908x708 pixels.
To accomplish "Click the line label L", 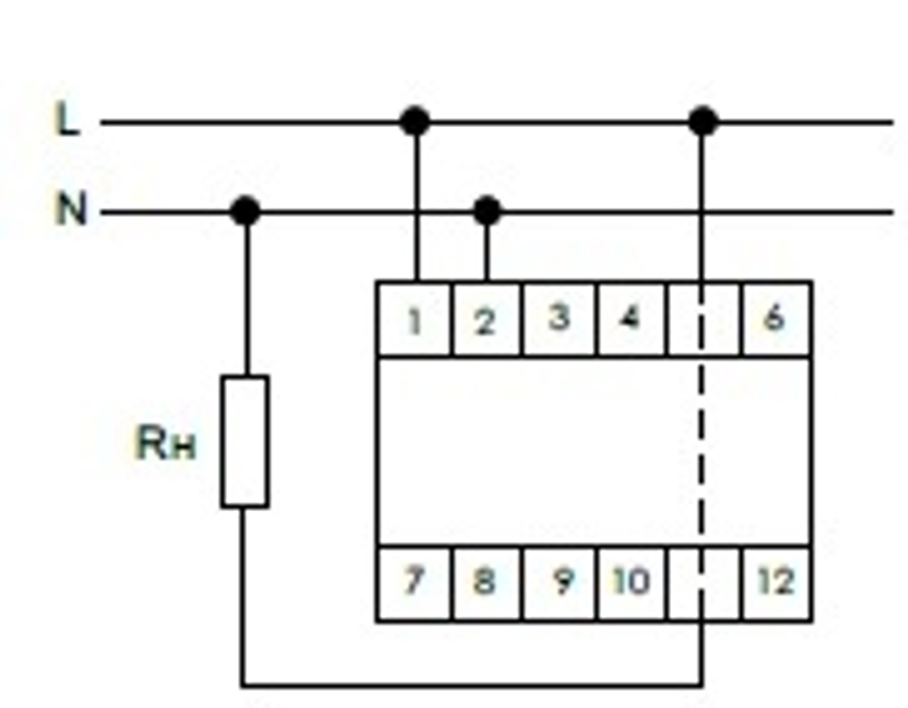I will [69, 120].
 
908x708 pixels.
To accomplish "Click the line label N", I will [71, 211].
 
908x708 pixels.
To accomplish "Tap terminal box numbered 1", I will [415, 320].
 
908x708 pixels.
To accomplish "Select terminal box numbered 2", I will [486, 320].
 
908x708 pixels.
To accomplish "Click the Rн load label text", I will [165, 445].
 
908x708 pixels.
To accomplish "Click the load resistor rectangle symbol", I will [244, 441].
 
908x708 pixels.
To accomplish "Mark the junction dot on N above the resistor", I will [244, 211].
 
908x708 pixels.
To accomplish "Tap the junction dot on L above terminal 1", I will [415, 121].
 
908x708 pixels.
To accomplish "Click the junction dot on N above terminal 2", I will [487, 211].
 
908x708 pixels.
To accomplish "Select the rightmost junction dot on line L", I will [702, 121].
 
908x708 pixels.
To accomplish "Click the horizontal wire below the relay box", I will [472, 684].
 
